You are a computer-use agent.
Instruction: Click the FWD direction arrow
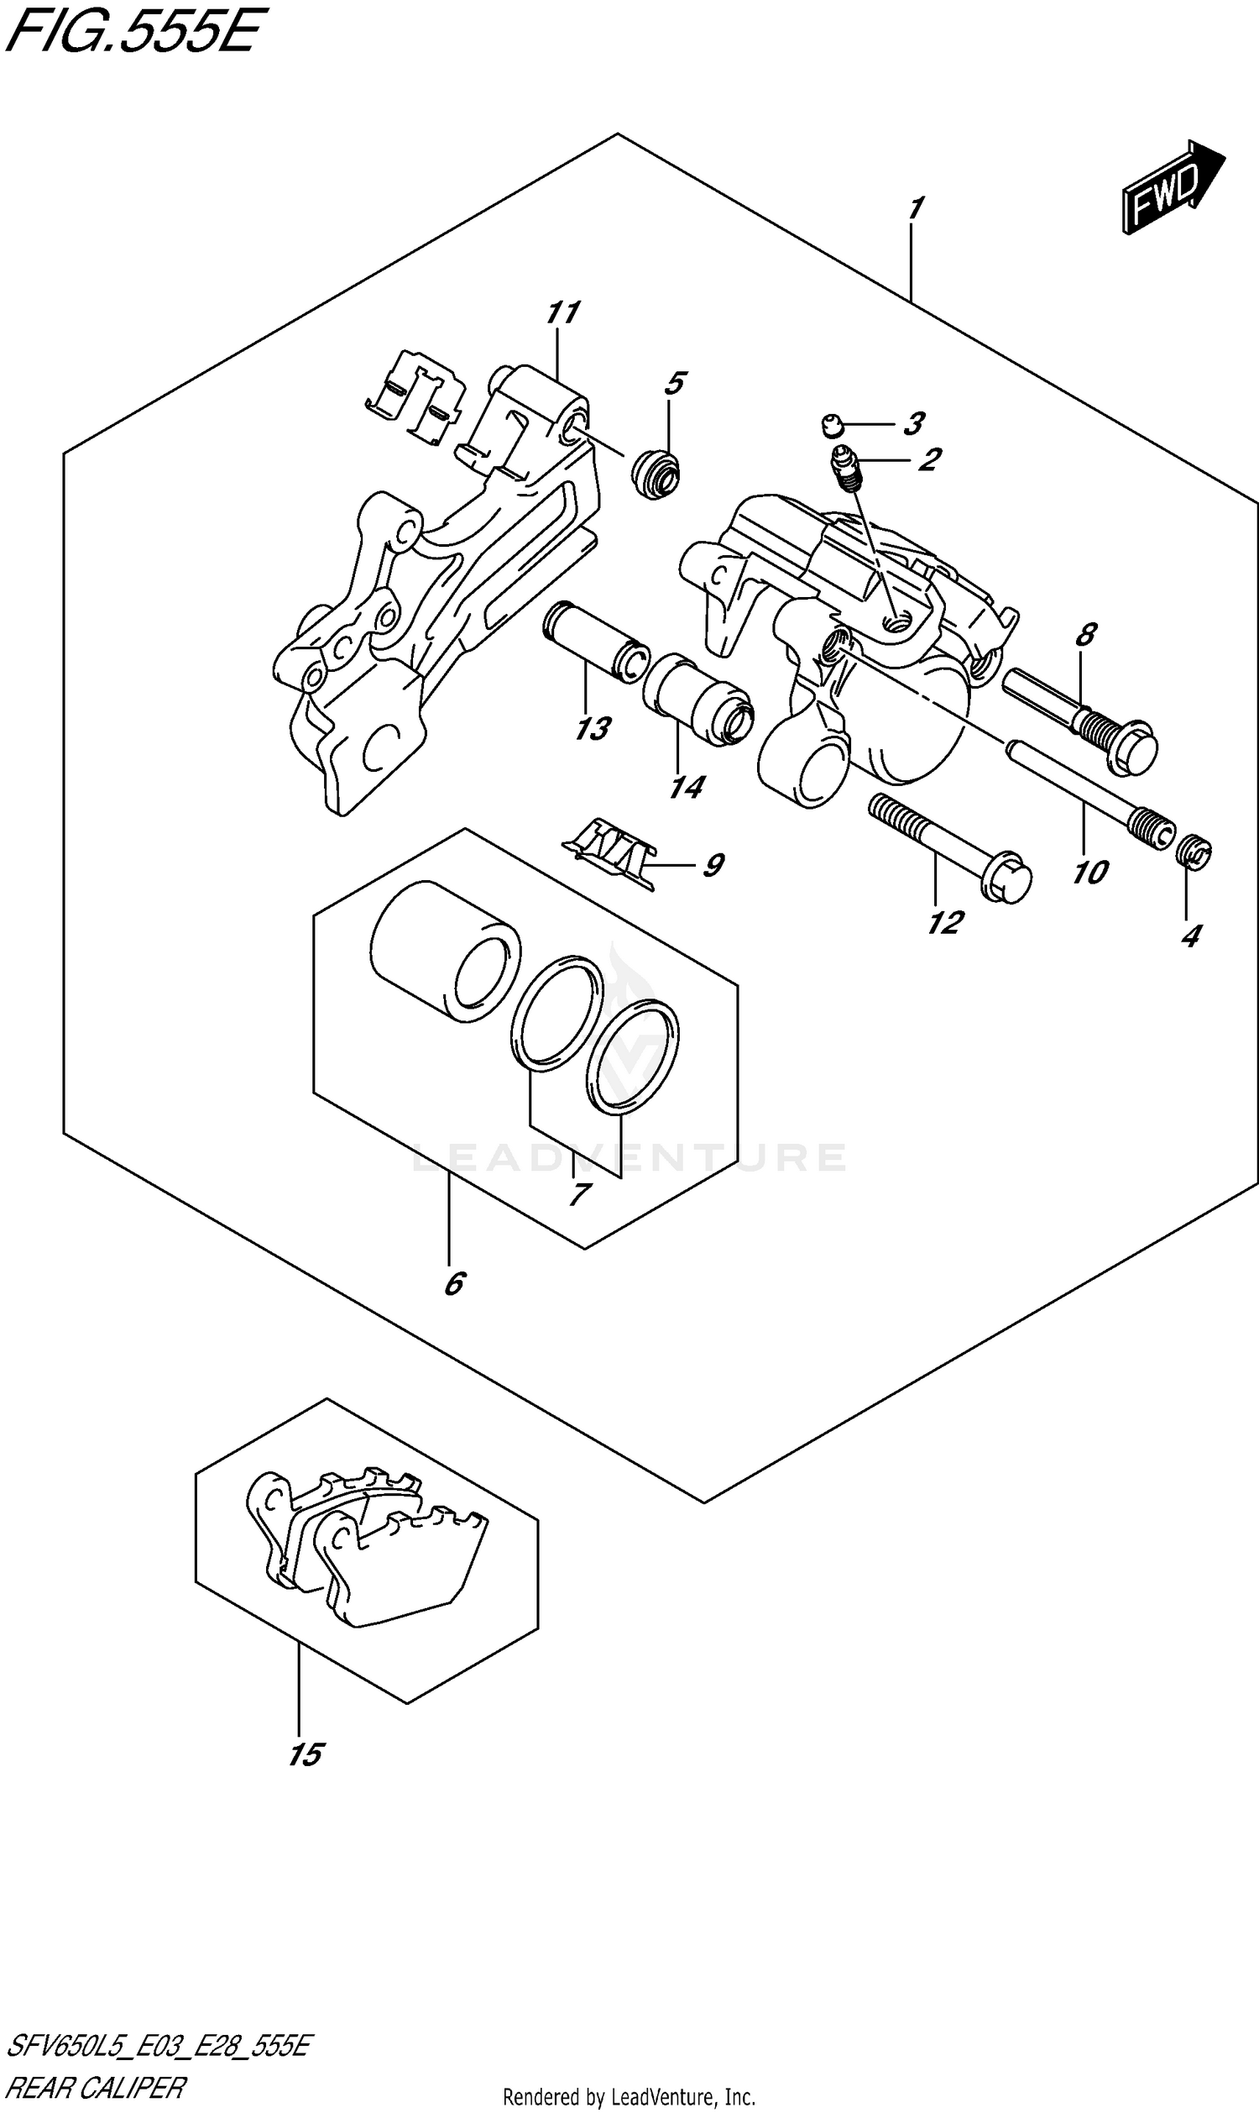tap(1173, 186)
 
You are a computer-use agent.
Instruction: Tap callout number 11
tap(562, 313)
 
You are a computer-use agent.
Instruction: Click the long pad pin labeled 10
tap(1090, 789)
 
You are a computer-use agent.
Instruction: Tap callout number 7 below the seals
tap(578, 1195)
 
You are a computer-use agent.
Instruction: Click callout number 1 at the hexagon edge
tap(915, 209)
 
